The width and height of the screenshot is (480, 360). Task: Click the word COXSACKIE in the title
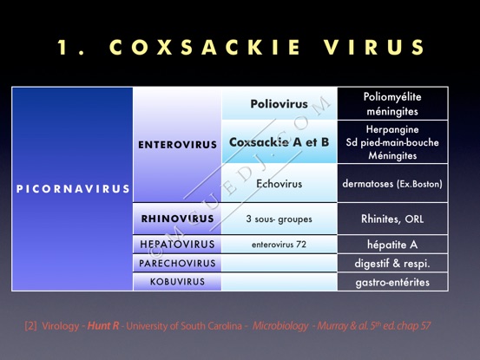pyautogui.click(x=205, y=47)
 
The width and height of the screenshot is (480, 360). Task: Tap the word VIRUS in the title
pyautogui.click(x=374, y=47)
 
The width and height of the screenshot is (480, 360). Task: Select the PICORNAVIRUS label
pyautogui.click(x=73, y=189)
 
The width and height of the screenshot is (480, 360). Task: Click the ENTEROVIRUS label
pyautogui.click(x=177, y=145)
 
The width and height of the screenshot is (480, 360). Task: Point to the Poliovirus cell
pyautogui.click(x=279, y=104)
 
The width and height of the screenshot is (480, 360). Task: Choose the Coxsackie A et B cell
pyautogui.click(x=279, y=142)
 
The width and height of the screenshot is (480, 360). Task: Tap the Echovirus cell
pyautogui.click(x=279, y=184)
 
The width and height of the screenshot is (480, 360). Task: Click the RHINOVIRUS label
pyautogui.click(x=177, y=219)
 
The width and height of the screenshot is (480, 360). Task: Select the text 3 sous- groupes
pyautogui.click(x=279, y=219)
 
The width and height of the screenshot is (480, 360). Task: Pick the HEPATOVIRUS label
pyautogui.click(x=177, y=244)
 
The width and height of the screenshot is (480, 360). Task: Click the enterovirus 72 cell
pyautogui.click(x=279, y=245)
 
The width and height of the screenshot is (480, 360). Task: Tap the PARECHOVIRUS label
pyautogui.click(x=177, y=263)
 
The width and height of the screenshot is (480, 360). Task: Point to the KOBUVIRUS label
pyautogui.click(x=177, y=281)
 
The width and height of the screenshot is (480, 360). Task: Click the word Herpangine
pyautogui.click(x=392, y=129)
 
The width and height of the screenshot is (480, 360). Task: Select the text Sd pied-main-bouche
pyautogui.click(x=392, y=142)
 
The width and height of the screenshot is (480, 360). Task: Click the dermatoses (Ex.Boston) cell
pyautogui.click(x=392, y=184)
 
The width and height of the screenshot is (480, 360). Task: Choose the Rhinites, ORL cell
pyautogui.click(x=392, y=219)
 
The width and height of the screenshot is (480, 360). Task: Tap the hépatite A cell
pyautogui.click(x=392, y=245)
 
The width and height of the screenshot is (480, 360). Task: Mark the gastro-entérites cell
pyautogui.click(x=392, y=282)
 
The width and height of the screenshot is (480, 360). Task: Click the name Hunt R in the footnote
pyautogui.click(x=103, y=326)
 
